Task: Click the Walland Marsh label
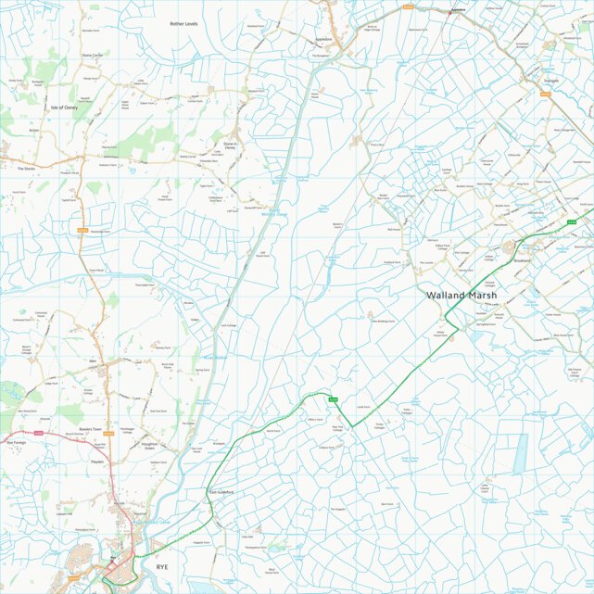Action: coord(461,296)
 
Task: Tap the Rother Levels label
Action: coord(183,23)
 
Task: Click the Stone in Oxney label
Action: coord(232,145)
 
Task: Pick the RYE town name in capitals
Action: coord(162,565)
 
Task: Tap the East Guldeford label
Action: coord(221,491)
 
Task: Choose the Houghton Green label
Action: coord(153,446)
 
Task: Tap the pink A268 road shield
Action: coord(39,434)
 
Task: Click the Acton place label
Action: coord(33,131)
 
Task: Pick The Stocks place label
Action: coord(25,169)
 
